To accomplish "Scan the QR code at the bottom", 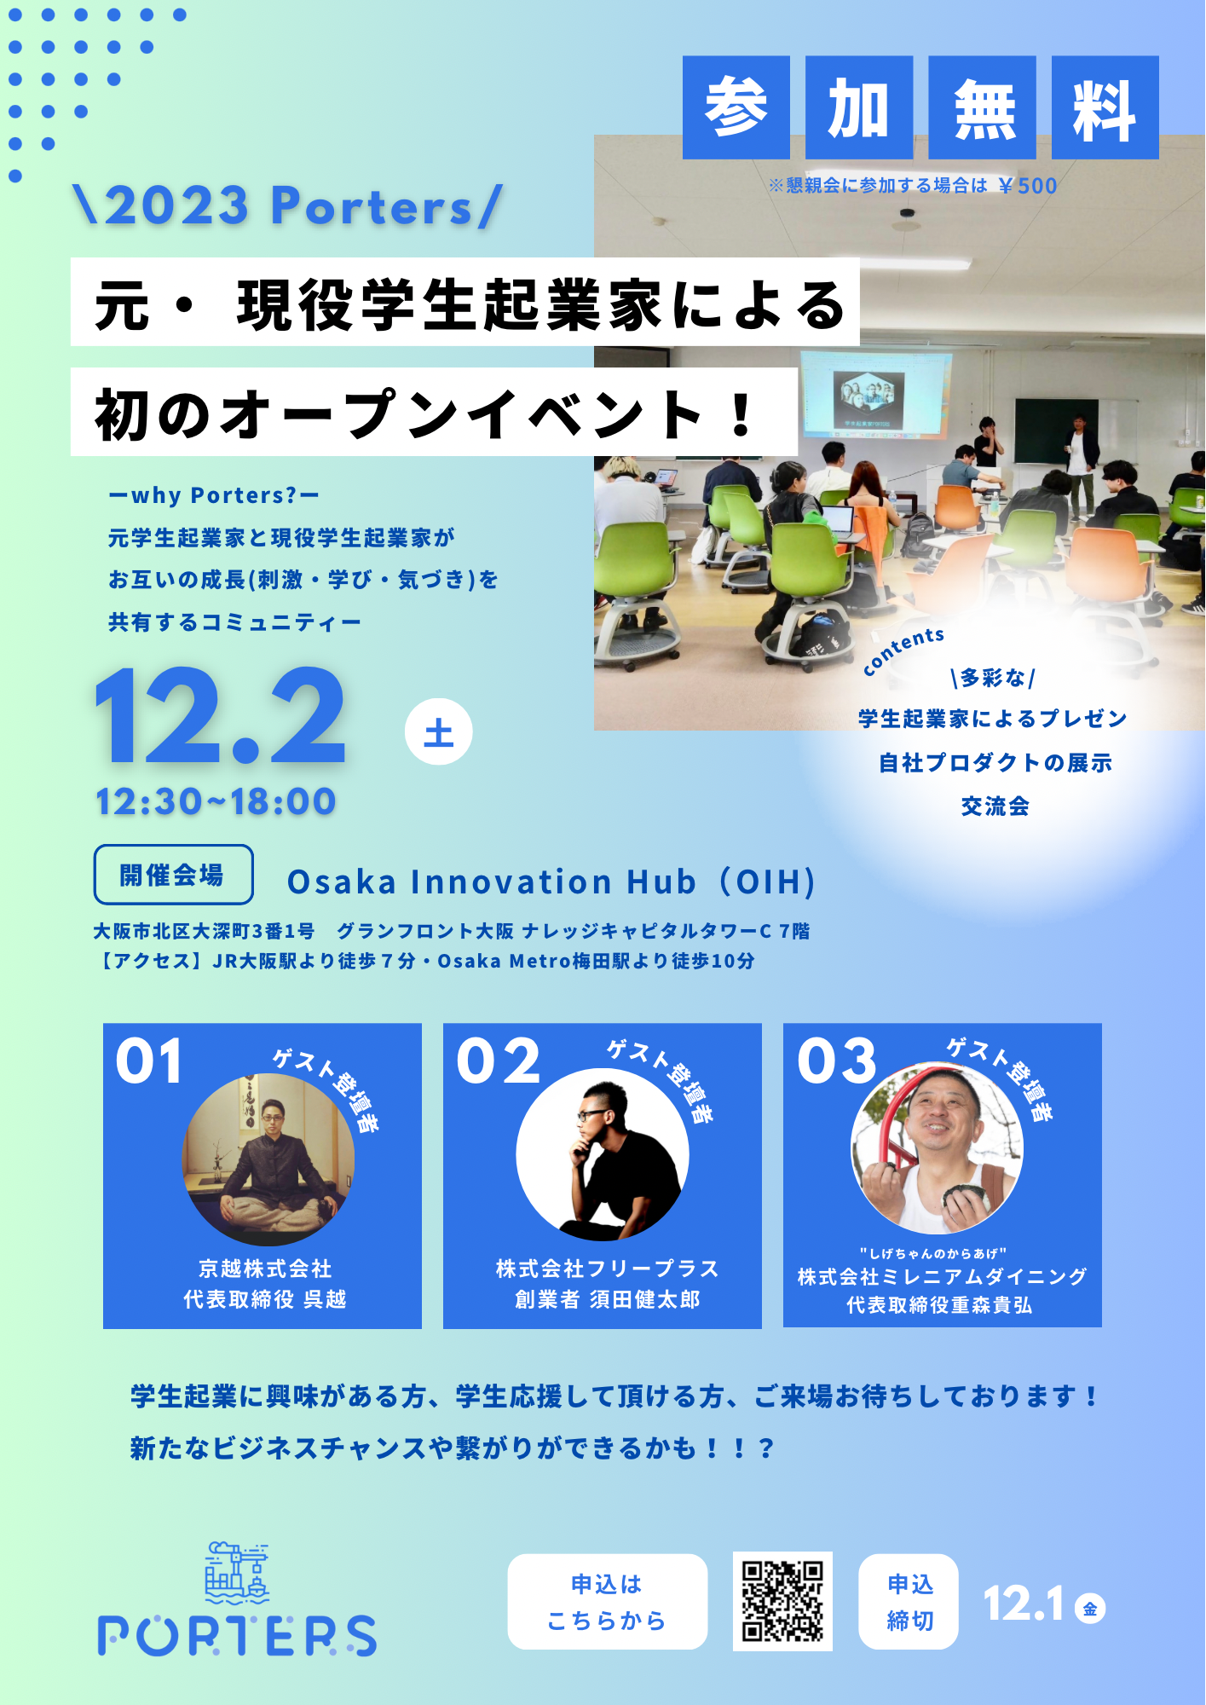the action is pos(782,1601).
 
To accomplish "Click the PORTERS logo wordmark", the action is pos(237,1635).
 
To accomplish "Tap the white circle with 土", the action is pos(438,731).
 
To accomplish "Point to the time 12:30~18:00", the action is pos(216,801).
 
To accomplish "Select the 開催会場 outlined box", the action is pos(173,875).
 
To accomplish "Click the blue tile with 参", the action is pos(736,107).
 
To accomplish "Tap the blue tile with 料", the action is pos(1105,107).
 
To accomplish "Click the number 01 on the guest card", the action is pos(149,1061).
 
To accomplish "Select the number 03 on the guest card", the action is pos(837,1061).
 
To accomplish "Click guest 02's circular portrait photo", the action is pos(603,1154).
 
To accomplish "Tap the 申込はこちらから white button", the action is pos(607,1601).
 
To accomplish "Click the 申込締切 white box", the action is pos(909,1601).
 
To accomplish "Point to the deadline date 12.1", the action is pos(1024,1604).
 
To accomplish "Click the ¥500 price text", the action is pos(1028,186).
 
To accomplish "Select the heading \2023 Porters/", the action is pos(288,206).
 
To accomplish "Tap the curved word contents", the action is pos(903,650).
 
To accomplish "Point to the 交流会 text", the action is pos(995,806).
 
